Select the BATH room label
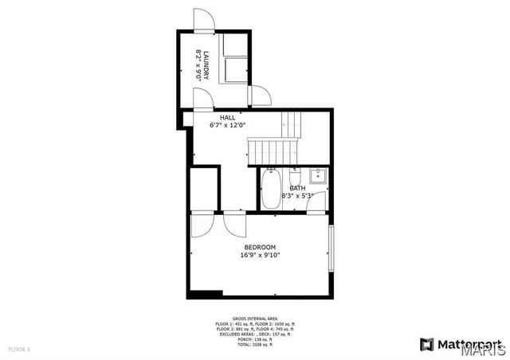297,188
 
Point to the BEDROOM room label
260,247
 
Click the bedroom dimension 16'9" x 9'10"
260,256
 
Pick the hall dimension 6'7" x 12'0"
228,125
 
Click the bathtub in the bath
270,190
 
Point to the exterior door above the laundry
204,20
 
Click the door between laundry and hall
203,97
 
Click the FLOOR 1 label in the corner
19,350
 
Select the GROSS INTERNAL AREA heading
255,317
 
